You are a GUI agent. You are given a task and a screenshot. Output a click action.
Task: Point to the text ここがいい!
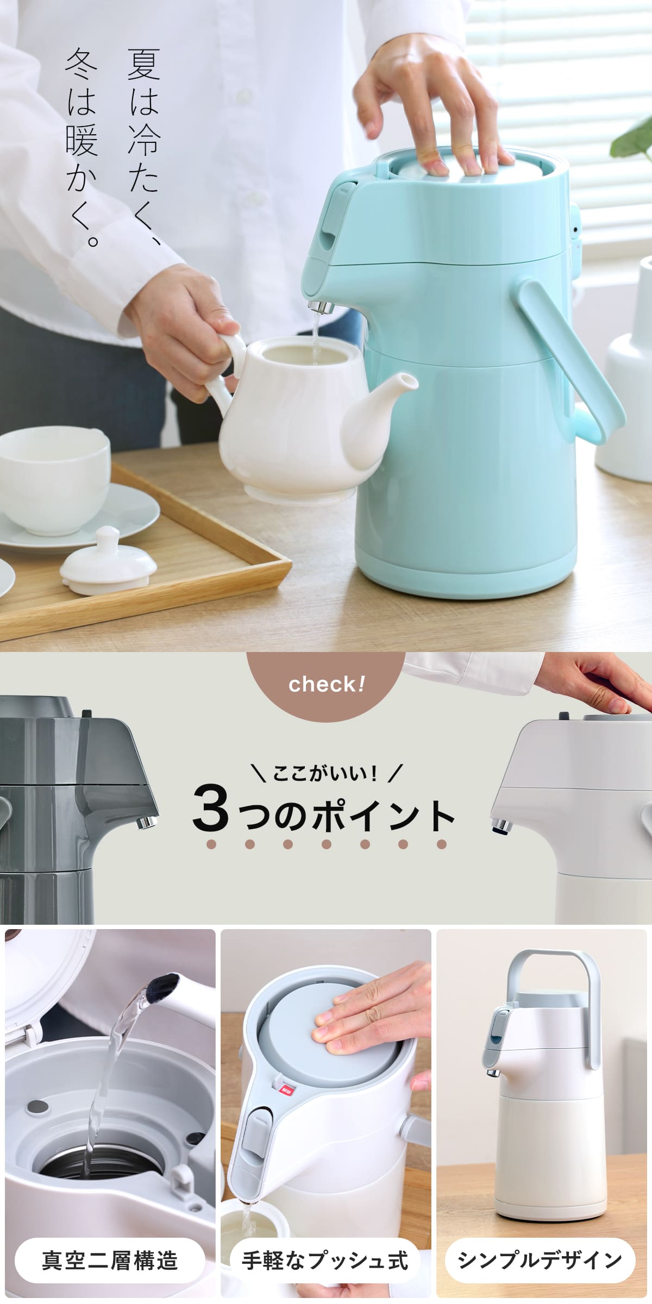coord(325,774)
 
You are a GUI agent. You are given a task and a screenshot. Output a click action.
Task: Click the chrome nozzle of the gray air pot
coord(146,822)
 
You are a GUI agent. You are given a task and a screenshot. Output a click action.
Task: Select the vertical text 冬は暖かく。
coord(82,147)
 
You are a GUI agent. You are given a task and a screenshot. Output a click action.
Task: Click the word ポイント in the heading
coord(383,814)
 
